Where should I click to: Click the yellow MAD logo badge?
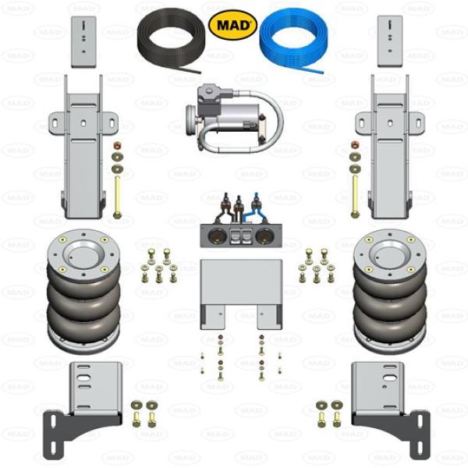pos(232,25)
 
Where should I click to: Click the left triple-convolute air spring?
pos(83,291)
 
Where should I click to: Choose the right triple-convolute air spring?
pos(390,291)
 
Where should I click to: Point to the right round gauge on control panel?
pos(264,236)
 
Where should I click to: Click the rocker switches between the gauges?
pos(239,236)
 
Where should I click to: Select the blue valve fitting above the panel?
pos(255,204)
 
